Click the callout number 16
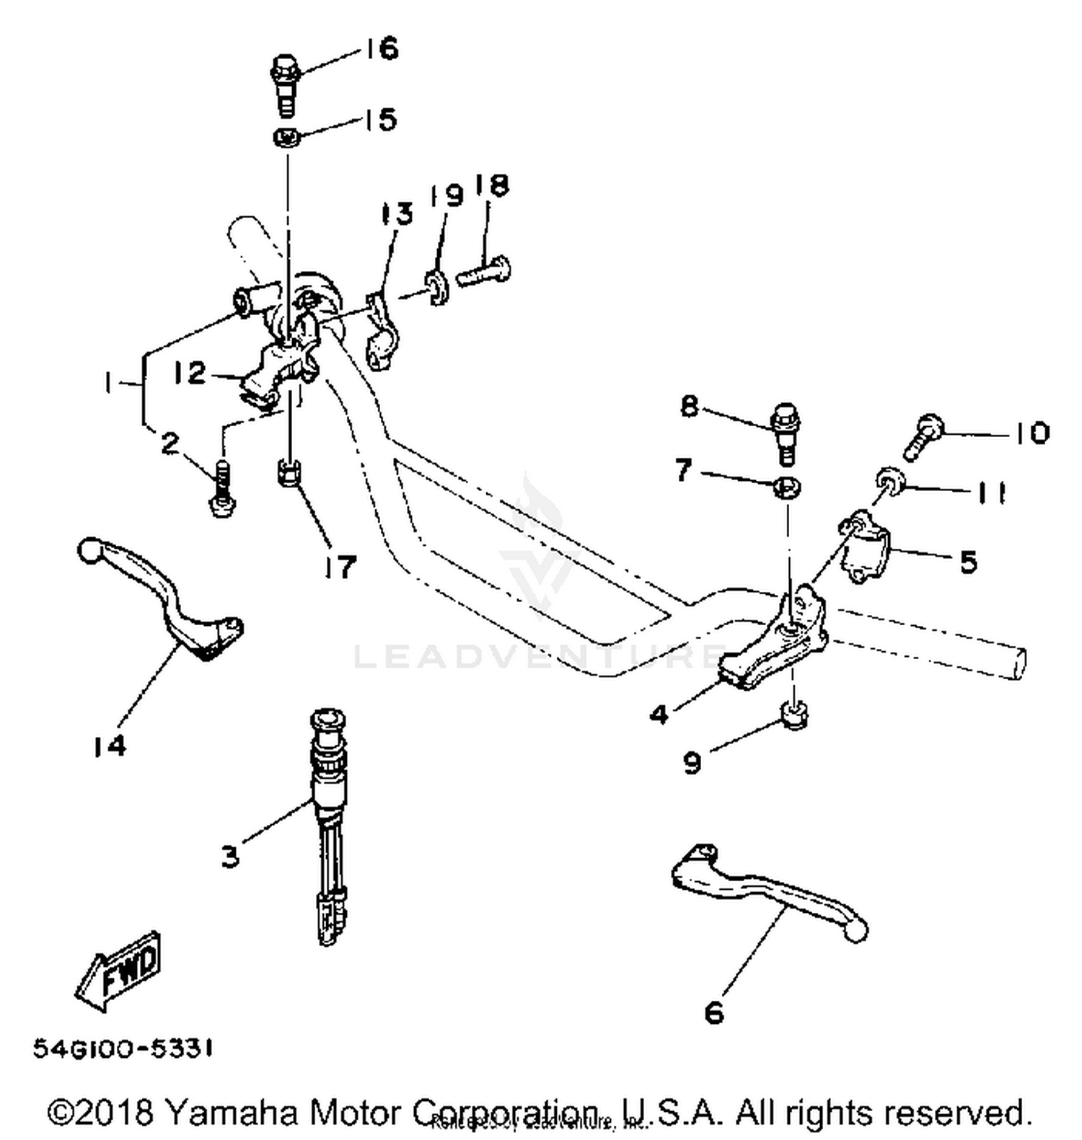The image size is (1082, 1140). pos(381,49)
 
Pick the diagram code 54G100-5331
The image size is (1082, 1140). pos(123,1050)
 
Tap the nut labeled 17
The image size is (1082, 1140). pos(289,474)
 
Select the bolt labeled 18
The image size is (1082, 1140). pos(483,273)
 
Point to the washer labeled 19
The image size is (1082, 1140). pos(437,287)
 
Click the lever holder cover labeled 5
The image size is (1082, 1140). pos(866,548)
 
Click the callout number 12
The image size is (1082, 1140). pos(190,373)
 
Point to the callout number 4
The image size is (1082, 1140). pos(659,715)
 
